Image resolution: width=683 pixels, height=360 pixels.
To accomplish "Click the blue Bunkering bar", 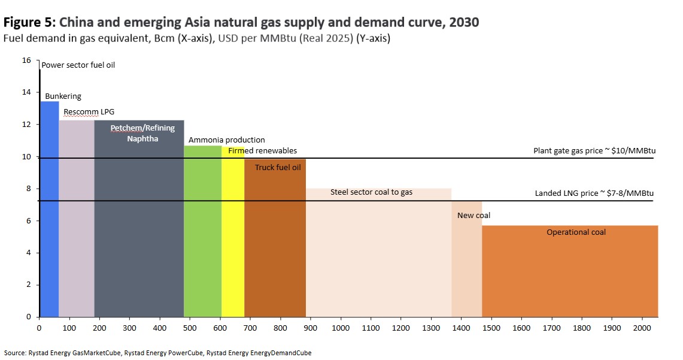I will [x=49, y=210].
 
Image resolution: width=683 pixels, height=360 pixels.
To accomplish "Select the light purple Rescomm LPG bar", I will [x=77, y=222].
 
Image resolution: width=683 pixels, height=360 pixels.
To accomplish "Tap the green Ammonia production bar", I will [x=202, y=234].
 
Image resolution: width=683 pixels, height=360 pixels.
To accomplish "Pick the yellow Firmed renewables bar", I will [x=233, y=240].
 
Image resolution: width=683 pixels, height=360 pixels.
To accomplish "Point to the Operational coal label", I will [x=576, y=232].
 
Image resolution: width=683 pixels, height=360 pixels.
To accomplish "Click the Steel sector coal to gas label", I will [x=371, y=192].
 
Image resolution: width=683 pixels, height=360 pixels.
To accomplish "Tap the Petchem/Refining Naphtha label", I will [x=138, y=133].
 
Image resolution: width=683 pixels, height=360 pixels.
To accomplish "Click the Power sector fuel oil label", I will [x=78, y=65].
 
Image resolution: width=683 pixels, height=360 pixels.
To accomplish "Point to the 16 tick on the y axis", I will [x=26, y=60].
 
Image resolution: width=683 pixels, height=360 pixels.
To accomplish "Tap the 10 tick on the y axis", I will [x=26, y=157].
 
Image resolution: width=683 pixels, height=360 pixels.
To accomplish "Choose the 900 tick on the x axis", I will [x=310, y=328].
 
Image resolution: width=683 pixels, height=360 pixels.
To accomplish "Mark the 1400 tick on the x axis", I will [x=461, y=328].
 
